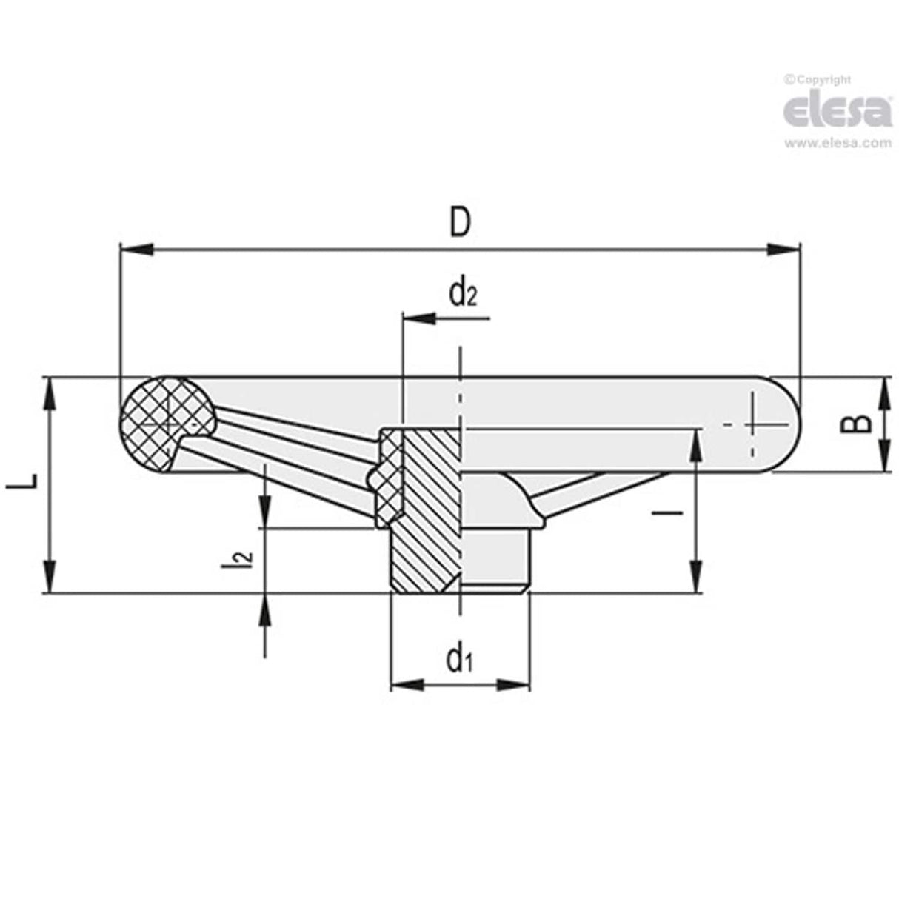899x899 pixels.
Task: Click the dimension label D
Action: [x=460, y=222]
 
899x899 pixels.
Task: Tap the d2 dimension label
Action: [x=462, y=295]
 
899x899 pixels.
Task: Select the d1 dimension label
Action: [x=459, y=658]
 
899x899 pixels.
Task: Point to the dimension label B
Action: [x=859, y=424]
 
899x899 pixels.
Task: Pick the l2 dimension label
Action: [x=249, y=559]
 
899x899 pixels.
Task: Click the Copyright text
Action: [x=818, y=80]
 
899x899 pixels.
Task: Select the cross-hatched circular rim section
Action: [x=164, y=424]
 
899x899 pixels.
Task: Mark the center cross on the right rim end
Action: [x=755, y=424]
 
